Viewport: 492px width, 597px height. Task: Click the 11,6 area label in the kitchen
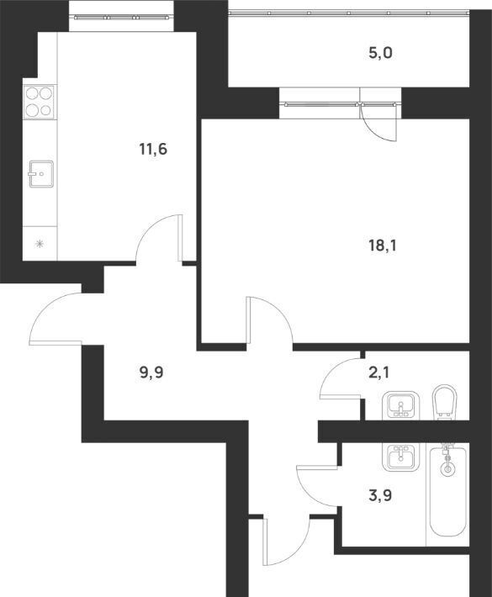click(153, 150)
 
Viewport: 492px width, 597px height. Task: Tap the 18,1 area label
click(383, 246)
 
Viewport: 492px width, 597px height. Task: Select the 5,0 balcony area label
click(380, 53)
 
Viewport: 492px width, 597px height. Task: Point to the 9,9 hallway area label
click(151, 372)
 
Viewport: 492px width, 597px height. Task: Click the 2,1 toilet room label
click(378, 372)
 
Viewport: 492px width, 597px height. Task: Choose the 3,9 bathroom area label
click(379, 496)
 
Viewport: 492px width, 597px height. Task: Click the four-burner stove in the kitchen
click(39, 101)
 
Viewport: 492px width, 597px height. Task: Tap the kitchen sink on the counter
click(40, 173)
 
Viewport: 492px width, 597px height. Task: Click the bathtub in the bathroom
click(447, 492)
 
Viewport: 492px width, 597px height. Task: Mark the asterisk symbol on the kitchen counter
click(39, 244)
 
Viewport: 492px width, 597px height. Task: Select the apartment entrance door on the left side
click(56, 319)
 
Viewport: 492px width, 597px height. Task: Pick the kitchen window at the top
click(121, 17)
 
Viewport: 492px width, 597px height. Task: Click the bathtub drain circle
click(447, 469)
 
